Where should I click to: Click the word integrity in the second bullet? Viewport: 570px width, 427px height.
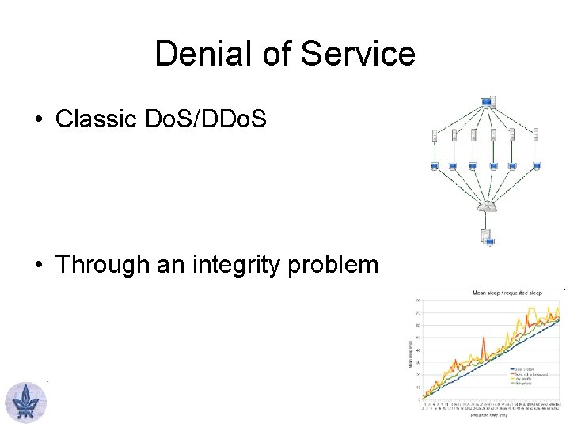coord(229,264)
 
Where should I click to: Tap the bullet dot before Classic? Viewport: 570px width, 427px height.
coord(38,119)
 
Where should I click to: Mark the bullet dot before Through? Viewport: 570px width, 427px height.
coord(38,265)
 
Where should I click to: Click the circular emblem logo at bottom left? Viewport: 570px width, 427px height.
coord(25,401)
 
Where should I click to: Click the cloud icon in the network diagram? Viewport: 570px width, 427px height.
coord(486,207)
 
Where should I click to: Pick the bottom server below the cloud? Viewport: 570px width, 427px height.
coord(486,235)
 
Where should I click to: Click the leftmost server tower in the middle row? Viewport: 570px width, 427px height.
coord(435,135)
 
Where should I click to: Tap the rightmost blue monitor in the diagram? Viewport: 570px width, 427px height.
coord(537,166)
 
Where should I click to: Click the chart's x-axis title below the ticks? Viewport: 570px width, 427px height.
coord(489,414)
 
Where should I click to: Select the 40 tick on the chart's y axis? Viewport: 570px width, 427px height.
coord(418,350)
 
